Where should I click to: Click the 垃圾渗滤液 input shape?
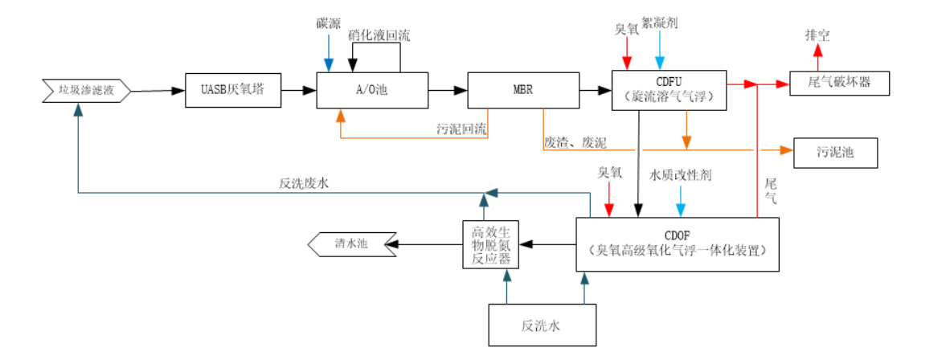[x=85, y=90]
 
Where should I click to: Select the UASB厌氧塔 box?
[x=233, y=89]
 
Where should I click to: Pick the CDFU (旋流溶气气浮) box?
[x=669, y=89]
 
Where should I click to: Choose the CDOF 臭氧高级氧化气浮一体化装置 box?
[x=678, y=243]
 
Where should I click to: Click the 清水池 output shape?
[x=352, y=243]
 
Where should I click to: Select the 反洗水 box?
[x=543, y=325]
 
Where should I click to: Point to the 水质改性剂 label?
[x=680, y=174]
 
